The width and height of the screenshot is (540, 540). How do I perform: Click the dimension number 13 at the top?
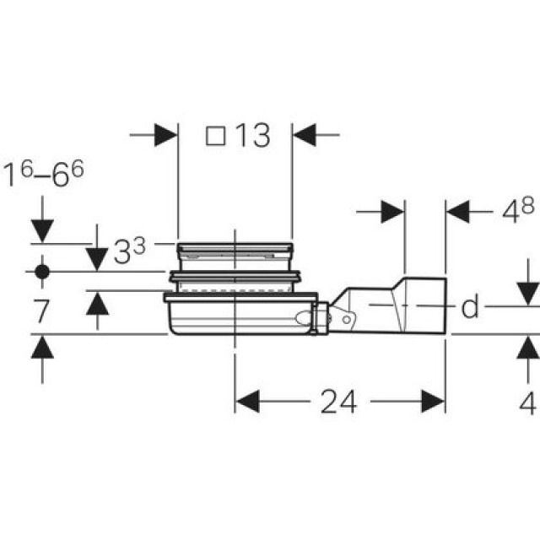pos(252,135)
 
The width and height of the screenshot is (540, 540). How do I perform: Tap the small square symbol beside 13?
pos(216,135)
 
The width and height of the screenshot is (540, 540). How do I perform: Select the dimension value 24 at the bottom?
pos(338,402)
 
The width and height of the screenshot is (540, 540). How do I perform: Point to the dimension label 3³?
pos(129,250)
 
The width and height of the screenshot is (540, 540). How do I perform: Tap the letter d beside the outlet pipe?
pos(470,308)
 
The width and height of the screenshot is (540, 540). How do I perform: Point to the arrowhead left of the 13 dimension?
pos(165,134)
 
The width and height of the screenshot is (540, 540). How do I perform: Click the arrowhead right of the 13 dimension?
pos(304,134)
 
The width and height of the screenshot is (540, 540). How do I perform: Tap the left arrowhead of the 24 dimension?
pos(247,402)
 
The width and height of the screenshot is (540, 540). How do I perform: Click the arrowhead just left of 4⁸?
pos(392,212)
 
